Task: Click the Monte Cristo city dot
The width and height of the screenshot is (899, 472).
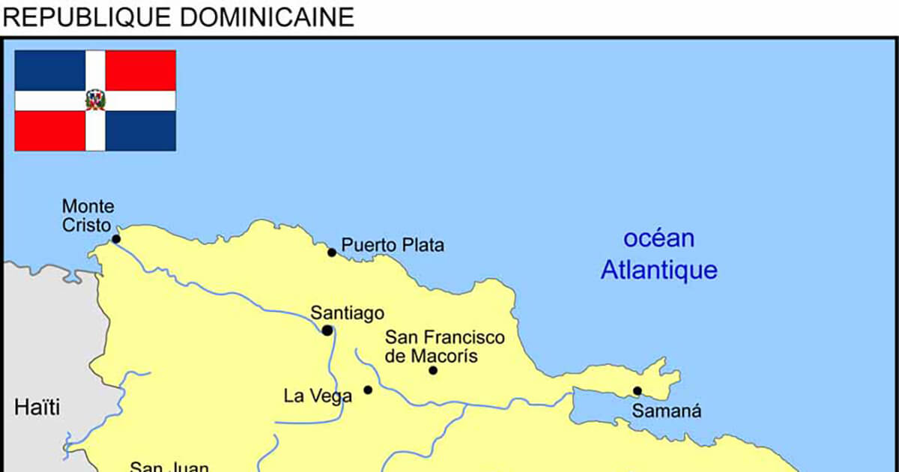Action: (116, 239)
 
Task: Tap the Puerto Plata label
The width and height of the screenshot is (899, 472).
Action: (393, 245)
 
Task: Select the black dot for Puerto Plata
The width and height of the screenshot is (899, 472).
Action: (332, 252)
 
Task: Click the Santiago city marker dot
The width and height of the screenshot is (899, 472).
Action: (327, 330)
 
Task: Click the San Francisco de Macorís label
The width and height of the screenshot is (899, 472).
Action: (445, 347)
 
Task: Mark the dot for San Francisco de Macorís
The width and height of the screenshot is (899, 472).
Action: (433, 370)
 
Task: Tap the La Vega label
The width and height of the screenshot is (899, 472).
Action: (318, 396)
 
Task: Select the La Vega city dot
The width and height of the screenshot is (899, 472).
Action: (368, 390)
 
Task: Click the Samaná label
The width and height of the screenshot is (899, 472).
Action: (668, 411)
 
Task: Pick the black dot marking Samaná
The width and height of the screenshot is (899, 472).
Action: (637, 390)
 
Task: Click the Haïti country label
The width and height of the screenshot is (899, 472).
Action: (37, 408)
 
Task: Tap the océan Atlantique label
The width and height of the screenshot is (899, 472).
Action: (659, 255)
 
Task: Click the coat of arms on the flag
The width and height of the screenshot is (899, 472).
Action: (95, 100)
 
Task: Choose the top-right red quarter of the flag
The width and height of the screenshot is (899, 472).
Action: (141, 70)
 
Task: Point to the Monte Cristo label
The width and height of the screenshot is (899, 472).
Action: (88, 216)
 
